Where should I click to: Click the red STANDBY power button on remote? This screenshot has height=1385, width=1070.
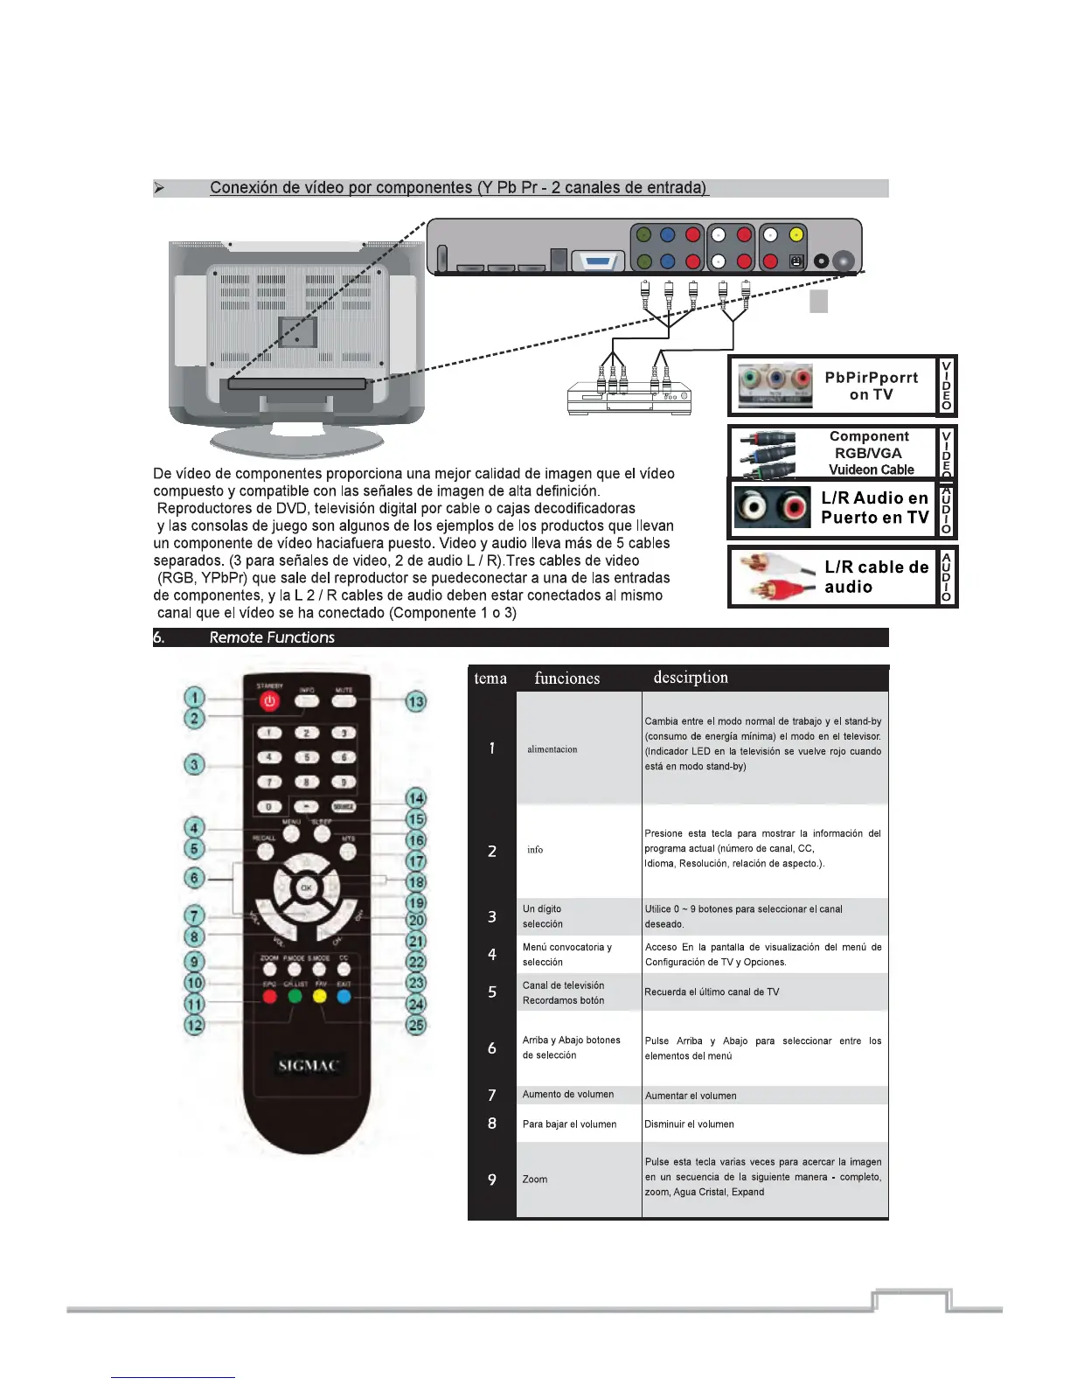(269, 701)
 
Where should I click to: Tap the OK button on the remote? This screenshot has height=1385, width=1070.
(306, 887)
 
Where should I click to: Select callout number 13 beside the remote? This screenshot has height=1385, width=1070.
(416, 701)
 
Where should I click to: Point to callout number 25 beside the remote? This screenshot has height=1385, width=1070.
(416, 1025)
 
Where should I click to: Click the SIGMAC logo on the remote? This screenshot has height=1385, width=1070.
(308, 1065)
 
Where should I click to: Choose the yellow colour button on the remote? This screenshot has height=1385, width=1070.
(320, 996)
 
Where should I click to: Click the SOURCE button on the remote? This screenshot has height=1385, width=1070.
(344, 806)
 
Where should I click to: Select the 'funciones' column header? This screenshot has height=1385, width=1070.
(567, 679)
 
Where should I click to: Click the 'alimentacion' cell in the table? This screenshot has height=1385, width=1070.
(552, 749)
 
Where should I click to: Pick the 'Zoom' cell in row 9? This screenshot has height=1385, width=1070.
(535, 1180)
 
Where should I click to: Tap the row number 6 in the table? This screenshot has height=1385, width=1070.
(492, 1047)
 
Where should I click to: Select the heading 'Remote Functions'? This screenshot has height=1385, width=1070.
(272, 637)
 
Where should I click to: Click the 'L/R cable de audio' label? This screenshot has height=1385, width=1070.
(876, 577)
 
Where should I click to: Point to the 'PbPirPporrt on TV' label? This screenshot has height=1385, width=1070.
(871, 386)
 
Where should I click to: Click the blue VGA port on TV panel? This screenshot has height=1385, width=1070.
(598, 261)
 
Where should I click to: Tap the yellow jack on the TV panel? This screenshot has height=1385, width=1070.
(796, 234)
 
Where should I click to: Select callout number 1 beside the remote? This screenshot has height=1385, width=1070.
(194, 698)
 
